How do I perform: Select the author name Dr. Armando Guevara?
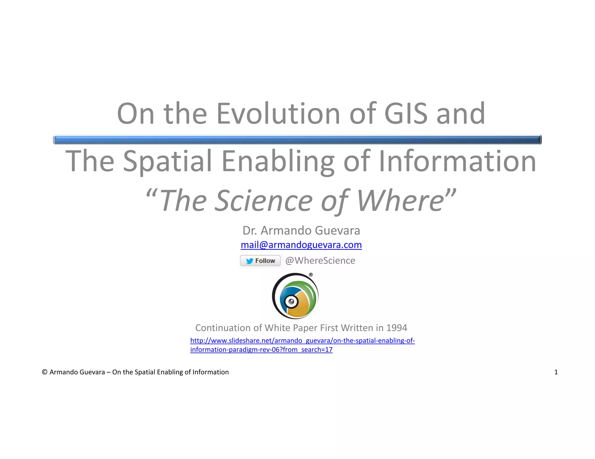pos(301,231)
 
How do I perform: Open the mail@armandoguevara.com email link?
pos(301,245)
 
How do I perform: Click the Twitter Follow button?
pos(260,261)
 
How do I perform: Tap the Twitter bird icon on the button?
pos(250,261)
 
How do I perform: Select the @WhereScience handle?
pos(320,261)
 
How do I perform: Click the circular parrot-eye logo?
pos(295,296)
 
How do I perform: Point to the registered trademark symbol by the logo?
pos(311,274)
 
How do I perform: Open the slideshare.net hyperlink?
pos(302,341)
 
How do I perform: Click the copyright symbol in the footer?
pos(45,372)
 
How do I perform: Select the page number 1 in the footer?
pos(556,372)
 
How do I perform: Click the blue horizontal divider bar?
pos(297,140)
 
